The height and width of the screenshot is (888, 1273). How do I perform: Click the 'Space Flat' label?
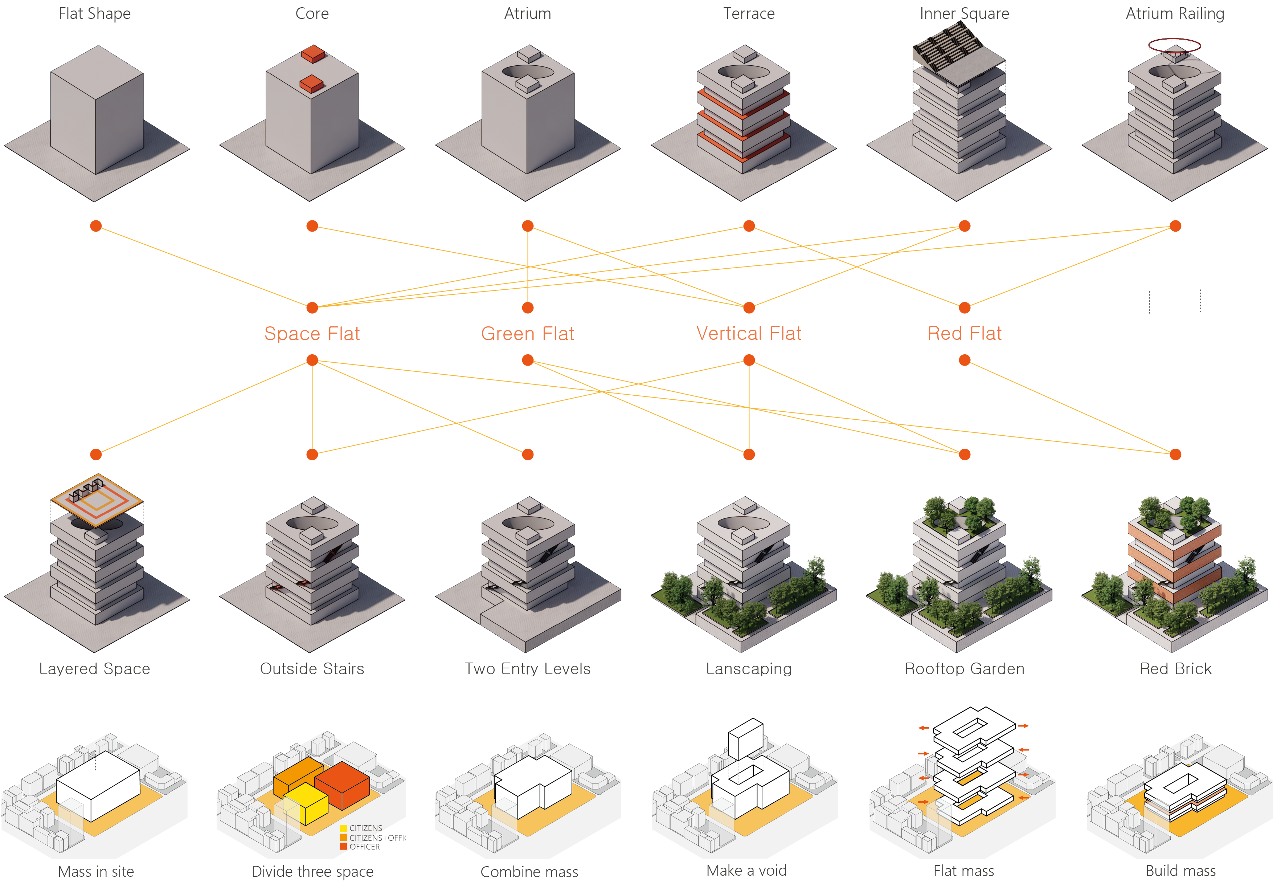coord(312,333)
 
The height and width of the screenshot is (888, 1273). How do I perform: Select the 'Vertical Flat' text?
coord(749,333)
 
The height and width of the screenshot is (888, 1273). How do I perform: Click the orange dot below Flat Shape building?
coord(96,226)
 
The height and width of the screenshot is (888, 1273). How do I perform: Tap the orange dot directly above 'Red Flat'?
coord(965,307)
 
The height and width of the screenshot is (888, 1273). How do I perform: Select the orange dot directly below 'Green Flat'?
coord(528,361)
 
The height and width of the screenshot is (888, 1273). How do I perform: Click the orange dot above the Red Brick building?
coord(1175,454)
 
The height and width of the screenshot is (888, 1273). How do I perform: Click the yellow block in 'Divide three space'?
coord(306,802)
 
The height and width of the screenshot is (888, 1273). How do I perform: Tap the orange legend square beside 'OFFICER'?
coord(343,846)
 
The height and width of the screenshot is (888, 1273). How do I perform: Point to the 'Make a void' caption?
coord(746,870)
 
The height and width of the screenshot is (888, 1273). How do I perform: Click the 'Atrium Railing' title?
coord(1175,13)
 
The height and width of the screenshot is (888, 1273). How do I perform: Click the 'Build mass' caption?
coord(1180,870)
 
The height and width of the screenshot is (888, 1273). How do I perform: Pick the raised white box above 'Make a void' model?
coord(746,738)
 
